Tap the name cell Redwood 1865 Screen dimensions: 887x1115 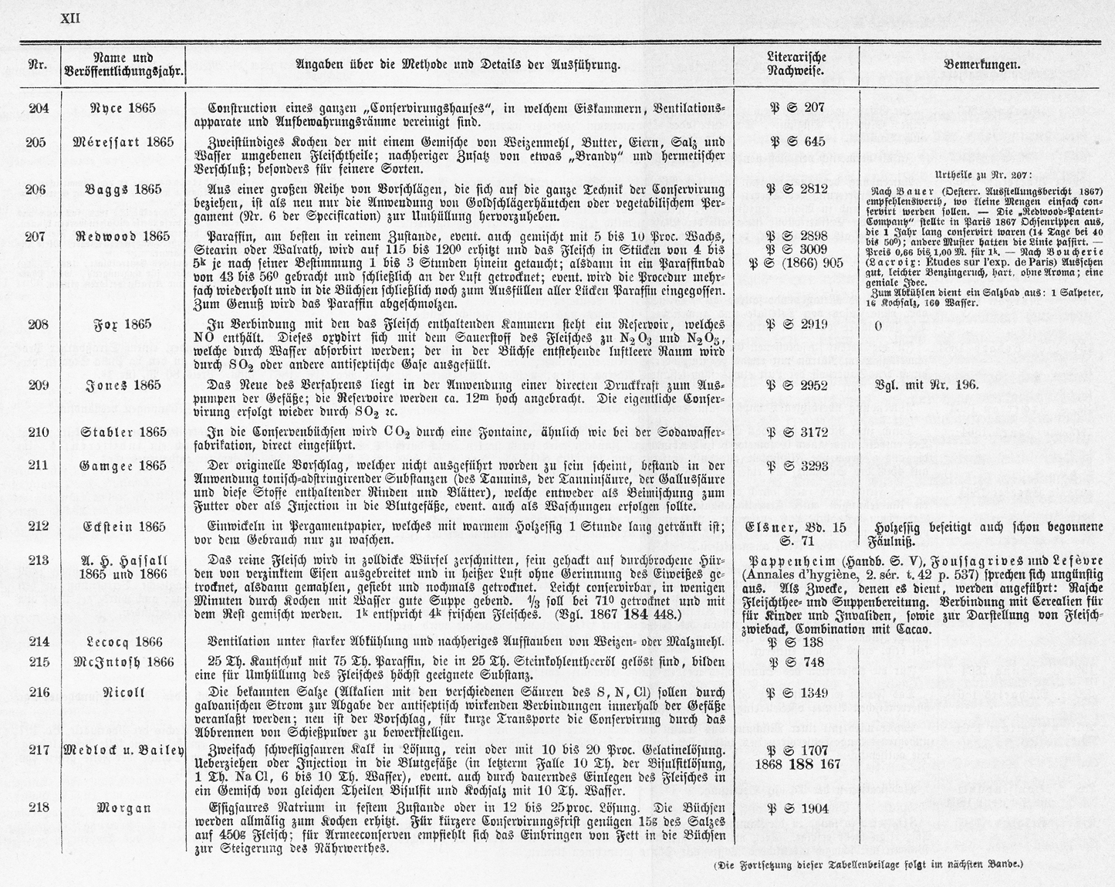coord(123,236)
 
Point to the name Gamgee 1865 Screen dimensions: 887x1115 coord(123,466)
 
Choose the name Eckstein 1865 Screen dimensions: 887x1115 coord(123,527)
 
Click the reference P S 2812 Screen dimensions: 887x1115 coord(798,189)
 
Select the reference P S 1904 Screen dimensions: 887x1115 coord(798,808)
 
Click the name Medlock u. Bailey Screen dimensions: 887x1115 coord(123,750)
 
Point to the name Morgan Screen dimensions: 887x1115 coord(123,808)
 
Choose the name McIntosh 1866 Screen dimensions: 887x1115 coord(123,662)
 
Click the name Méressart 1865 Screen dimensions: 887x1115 coord(123,143)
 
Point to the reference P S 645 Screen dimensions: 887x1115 coord(798,142)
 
